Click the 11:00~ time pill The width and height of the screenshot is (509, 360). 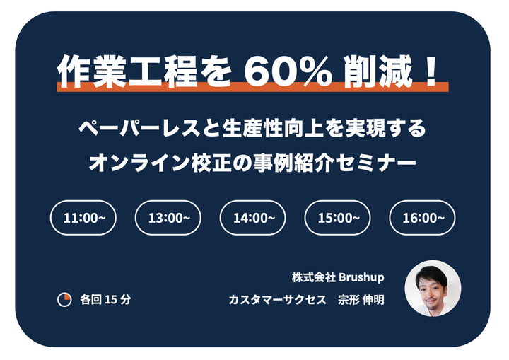(x=83, y=218)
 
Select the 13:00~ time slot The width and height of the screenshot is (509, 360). (x=168, y=218)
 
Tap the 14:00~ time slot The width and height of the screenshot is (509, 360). (x=253, y=218)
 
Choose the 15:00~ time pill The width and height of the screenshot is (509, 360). (x=338, y=218)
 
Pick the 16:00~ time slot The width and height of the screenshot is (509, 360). (x=422, y=218)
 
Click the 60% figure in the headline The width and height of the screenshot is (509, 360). (x=288, y=71)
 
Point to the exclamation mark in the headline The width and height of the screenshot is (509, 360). (x=431, y=71)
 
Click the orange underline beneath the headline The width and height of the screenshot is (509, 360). (x=252, y=87)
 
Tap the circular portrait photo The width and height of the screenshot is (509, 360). (x=433, y=289)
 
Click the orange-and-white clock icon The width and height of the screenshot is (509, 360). (x=64, y=300)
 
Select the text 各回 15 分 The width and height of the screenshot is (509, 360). (x=105, y=300)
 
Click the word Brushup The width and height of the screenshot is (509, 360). (x=361, y=277)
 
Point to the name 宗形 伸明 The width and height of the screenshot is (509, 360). (x=361, y=300)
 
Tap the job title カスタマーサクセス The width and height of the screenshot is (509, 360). (x=278, y=300)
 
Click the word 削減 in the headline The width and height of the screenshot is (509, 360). (x=378, y=71)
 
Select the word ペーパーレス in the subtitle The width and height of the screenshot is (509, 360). (x=139, y=128)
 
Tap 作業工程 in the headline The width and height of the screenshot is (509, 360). (x=127, y=71)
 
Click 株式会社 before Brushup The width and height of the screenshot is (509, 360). (x=314, y=277)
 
